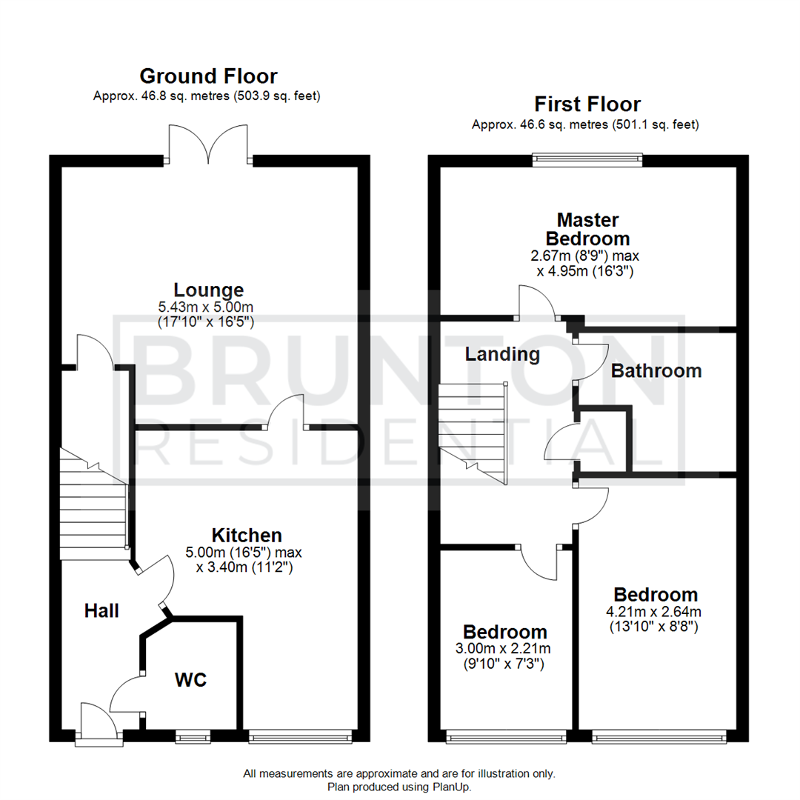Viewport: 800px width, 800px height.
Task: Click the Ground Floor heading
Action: pyautogui.click(x=208, y=76)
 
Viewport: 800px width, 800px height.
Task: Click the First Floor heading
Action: pyautogui.click(x=587, y=104)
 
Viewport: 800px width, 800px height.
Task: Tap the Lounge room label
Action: pyautogui.click(x=208, y=290)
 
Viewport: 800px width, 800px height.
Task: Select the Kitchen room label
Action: pyautogui.click(x=247, y=535)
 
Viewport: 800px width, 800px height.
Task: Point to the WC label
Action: pyautogui.click(x=190, y=679)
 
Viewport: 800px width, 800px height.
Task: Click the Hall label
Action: pyautogui.click(x=101, y=611)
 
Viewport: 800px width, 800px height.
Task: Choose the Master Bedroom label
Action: pyautogui.click(x=587, y=229)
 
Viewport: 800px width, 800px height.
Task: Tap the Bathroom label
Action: pyautogui.click(x=656, y=371)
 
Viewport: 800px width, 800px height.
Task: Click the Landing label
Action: pyautogui.click(x=502, y=354)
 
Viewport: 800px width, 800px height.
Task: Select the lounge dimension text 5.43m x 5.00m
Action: pyautogui.click(x=208, y=307)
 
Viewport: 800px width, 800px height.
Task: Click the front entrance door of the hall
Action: pyautogui.click(x=99, y=722)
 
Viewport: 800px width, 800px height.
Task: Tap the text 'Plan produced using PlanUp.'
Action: pyautogui.click(x=399, y=786)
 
